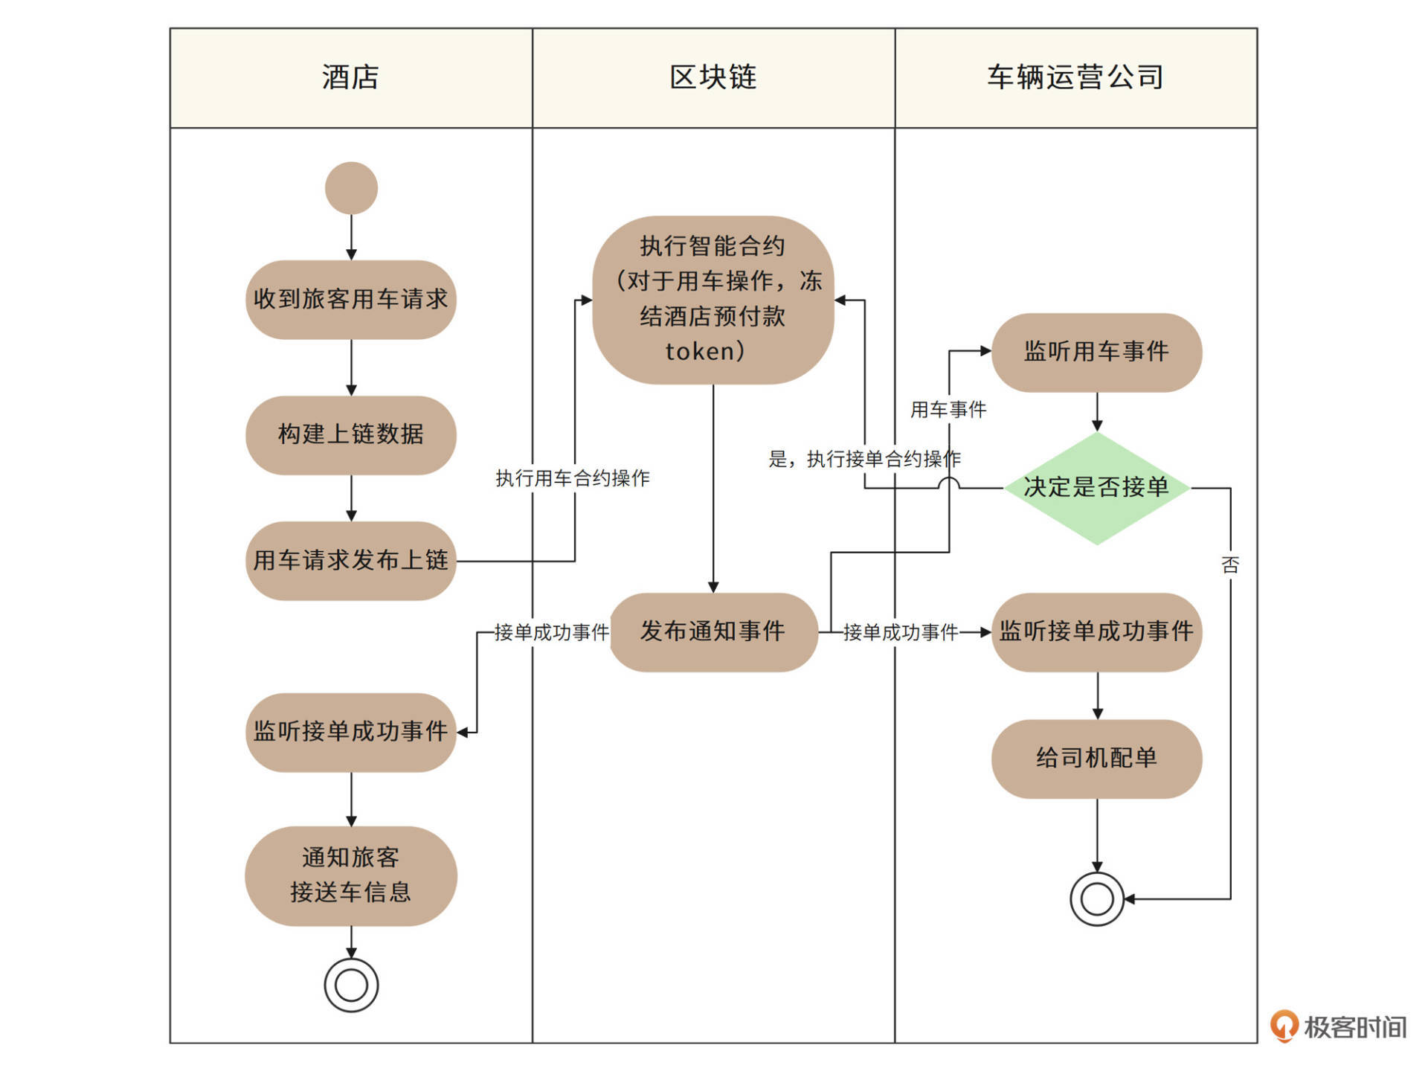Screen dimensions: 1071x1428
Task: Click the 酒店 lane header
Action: point(350,77)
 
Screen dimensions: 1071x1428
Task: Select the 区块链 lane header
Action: point(713,77)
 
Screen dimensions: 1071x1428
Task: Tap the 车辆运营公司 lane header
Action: point(1075,77)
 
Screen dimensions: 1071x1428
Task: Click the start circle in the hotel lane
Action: point(351,188)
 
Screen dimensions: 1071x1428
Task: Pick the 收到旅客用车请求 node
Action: point(350,299)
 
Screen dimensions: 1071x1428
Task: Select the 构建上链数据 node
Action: point(350,434)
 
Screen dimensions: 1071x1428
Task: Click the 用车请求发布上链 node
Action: point(350,560)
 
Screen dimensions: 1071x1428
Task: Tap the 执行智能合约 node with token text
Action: point(713,300)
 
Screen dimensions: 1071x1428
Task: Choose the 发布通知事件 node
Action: point(713,631)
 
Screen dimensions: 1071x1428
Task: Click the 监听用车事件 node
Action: point(1096,352)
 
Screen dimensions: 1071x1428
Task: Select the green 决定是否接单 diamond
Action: point(1096,488)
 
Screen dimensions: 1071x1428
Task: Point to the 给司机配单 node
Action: point(1096,758)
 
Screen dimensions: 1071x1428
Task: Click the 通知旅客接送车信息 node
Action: point(350,875)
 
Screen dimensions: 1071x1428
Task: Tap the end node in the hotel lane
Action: point(351,985)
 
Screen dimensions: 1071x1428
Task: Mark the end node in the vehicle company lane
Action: point(1096,898)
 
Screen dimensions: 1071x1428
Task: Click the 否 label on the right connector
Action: point(1230,565)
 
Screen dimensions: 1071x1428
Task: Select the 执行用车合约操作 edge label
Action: point(573,478)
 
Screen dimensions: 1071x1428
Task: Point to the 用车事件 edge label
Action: point(948,410)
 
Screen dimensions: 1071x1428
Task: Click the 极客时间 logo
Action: point(1338,1027)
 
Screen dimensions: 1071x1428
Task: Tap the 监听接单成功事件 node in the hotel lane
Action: point(350,732)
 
